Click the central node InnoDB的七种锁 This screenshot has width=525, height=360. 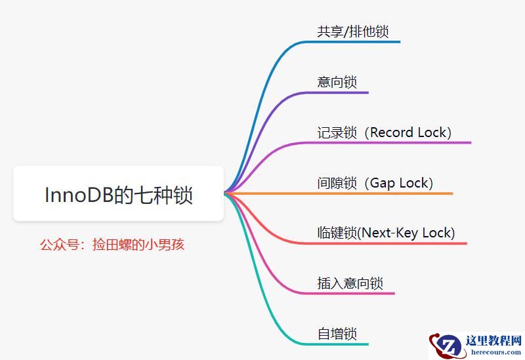[x=119, y=194]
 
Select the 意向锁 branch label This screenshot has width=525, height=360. [x=337, y=82]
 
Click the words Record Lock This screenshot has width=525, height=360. [x=410, y=132]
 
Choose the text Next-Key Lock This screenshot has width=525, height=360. [x=408, y=233]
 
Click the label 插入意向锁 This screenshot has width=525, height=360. [x=350, y=283]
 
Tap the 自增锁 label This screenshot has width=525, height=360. [x=337, y=334]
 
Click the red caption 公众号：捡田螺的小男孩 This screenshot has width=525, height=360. [x=112, y=245]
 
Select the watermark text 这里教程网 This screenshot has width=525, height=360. [x=493, y=342]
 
